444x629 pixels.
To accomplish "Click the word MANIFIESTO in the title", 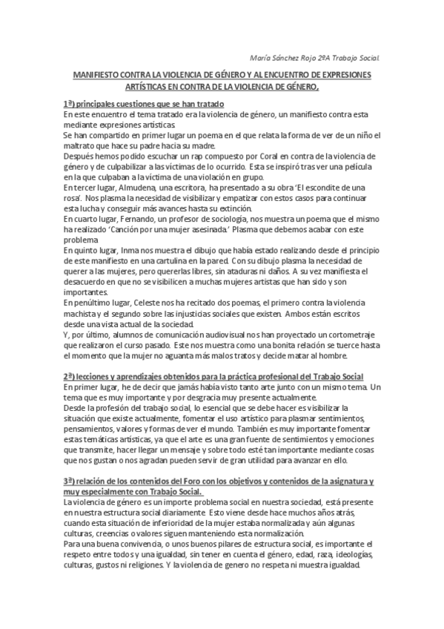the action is click(94, 76).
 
